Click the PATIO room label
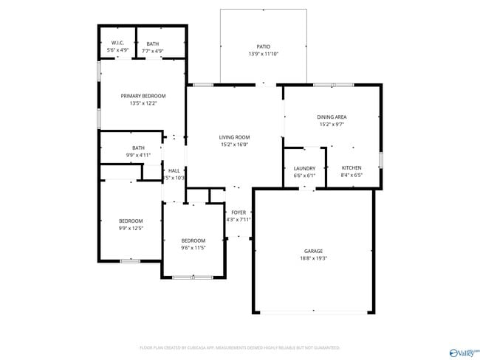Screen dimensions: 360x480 [x=263, y=46]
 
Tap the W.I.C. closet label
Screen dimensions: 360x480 [x=118, y=43]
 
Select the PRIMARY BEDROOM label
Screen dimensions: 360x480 [x=143, y=96]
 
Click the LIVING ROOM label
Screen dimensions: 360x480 [x=234, y=137]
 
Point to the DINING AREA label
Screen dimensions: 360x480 [x=332, y=117]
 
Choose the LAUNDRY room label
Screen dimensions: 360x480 [x=304, y=168]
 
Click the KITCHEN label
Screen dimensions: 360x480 [x=352, y=168]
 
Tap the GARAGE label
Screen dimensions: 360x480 [x=314, y=251]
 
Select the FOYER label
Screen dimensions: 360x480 [x=239, y=212]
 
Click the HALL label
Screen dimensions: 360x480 [x=174, y=170]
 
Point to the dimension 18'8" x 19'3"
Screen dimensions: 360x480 [x=314, y=259]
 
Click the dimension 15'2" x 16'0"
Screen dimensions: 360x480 [x=234, y=145]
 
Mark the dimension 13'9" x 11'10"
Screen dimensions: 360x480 [x=263, y=54]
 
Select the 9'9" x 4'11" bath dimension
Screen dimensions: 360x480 [x=138, y=155]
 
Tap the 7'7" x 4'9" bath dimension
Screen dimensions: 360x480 [x=152, y=50]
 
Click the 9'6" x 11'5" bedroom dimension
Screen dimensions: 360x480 [x=193, y=248]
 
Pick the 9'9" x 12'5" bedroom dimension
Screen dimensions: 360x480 [x=131, y=229]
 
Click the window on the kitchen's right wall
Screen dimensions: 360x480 [x=380, y=159]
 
